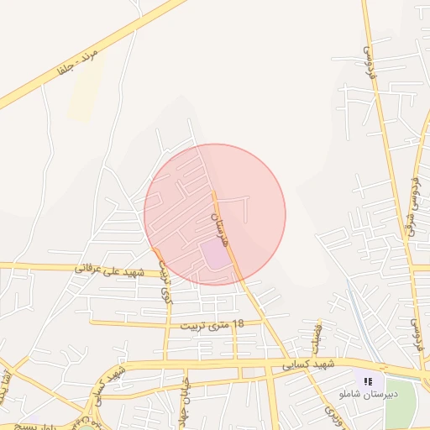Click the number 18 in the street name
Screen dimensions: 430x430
(x=238, y=323)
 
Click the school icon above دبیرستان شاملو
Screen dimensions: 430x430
(x=368, y=381)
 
